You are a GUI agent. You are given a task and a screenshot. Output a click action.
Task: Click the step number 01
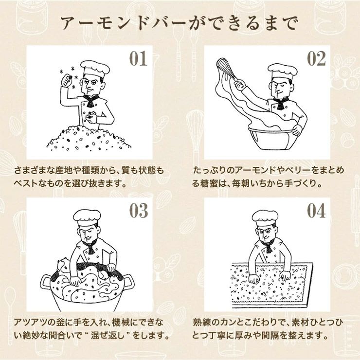point(138,58)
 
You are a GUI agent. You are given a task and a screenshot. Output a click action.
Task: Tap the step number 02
point(316,58)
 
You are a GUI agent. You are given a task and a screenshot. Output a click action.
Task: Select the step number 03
point(139,211)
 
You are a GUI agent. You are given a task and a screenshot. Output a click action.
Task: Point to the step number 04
point(316,211)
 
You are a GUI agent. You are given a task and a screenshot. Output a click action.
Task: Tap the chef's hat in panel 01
point(95,70)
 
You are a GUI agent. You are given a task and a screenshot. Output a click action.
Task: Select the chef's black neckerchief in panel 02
point(281,103)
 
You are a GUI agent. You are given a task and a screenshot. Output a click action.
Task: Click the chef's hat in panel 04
point(265,218)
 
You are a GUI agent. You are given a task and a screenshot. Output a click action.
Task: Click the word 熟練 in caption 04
point(201,323)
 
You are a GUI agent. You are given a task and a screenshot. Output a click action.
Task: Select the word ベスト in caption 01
point(26,183)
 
